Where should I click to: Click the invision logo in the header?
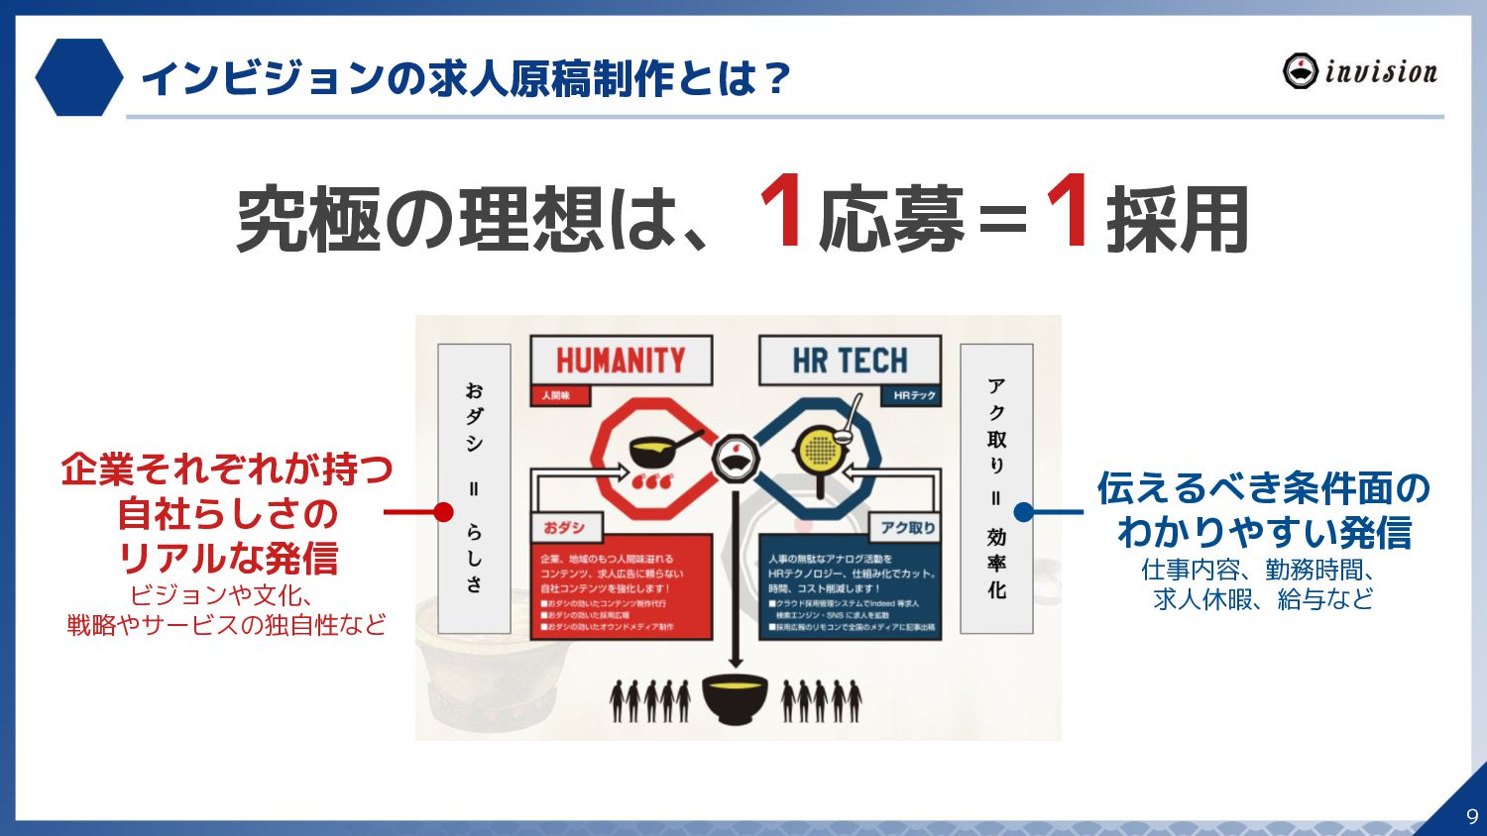(x=1359, y=71)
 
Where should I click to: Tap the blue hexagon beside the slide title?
(x=78, y=77)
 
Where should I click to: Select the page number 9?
(x=1471, y=816)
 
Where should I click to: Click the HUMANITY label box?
(x=621, y=361)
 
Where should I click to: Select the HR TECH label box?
(x=850, y=361)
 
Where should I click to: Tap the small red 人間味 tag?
(x=557, y=395)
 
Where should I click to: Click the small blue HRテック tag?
(x=913, y=395)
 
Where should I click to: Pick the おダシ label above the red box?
(x=564, y=527)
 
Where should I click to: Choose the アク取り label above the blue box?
(x=907, y=527)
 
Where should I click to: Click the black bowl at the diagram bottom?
(x=735, y=697)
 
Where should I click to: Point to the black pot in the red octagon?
(x=654, y=452)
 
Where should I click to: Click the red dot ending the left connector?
(x=444, y=512)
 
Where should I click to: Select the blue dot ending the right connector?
(x=1024, y=512)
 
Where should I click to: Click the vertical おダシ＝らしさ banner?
(x=474, y=488)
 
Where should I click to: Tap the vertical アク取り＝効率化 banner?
(x=996, y=488)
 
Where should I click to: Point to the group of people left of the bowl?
(x=650, y=699)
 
